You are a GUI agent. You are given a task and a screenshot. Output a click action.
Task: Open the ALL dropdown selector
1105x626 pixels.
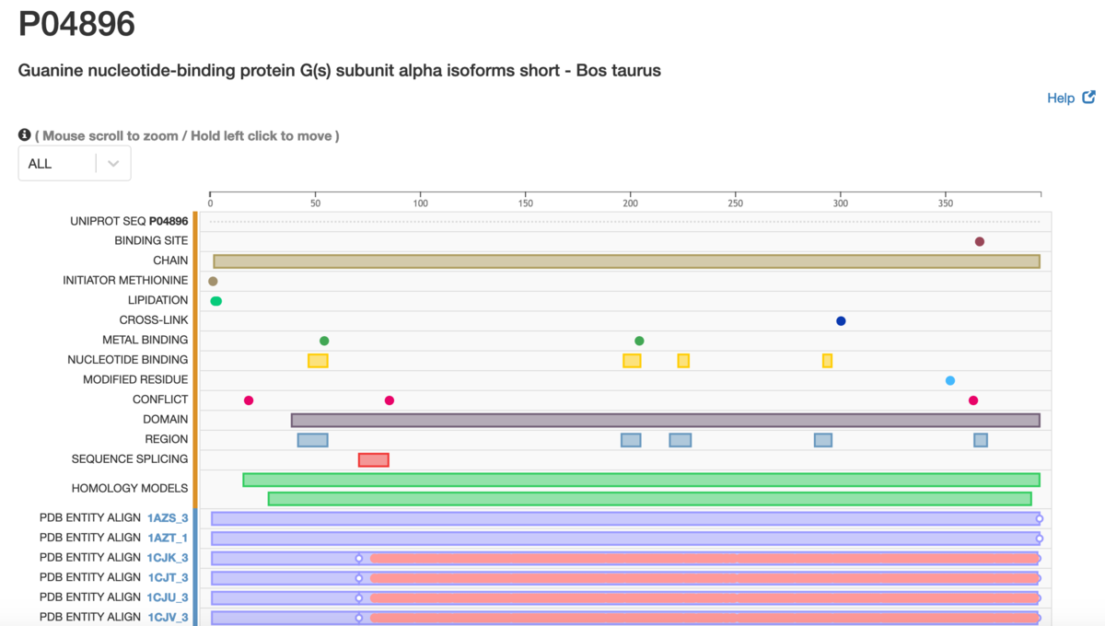pos(75,163)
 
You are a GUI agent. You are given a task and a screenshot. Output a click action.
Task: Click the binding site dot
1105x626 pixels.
pos(979,241)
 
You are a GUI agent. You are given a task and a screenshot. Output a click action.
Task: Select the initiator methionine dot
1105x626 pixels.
pos(213,281)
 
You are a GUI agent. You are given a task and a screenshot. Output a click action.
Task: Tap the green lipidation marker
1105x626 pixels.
pos(216,301)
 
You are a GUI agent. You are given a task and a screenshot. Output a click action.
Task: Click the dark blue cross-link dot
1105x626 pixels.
pos(841,321)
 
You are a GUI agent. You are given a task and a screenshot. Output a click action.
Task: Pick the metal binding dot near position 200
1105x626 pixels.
pos(639,341)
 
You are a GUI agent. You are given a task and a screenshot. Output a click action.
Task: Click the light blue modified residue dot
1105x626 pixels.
pos(950,380)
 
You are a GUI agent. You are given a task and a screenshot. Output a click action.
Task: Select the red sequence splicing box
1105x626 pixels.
pos(374,459)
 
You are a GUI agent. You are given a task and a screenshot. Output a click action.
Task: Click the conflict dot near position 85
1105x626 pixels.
pos(390,400)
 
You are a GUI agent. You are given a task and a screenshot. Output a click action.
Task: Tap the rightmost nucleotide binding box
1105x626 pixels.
pos(827,361)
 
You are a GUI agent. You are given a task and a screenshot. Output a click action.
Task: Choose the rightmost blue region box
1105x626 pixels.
pos(981,440)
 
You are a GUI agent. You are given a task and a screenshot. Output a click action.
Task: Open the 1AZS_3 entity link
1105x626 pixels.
pos(168,517)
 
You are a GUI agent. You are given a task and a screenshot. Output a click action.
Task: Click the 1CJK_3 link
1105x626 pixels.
pos(168,558)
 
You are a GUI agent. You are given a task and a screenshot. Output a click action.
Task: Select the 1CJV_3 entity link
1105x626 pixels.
pos(169,617)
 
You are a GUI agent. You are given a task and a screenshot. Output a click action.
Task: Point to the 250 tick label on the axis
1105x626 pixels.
pos(735,203)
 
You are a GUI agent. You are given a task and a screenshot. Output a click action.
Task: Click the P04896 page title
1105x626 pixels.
pos(76,24)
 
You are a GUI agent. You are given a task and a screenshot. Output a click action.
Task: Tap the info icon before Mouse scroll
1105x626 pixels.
pos(24,134)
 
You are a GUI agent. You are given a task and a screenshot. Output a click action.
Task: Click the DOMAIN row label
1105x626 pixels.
pos(165,419)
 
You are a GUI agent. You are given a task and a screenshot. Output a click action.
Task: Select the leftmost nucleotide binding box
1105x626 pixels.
pos(318,361)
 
